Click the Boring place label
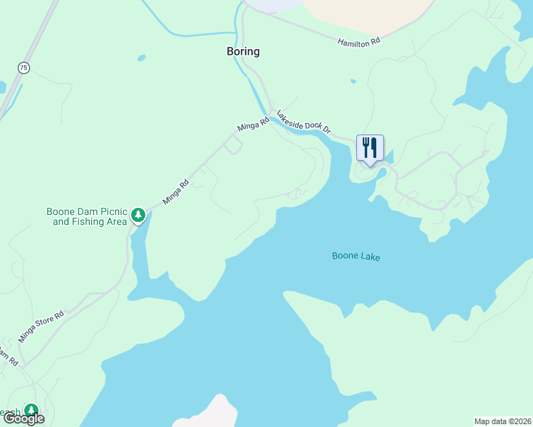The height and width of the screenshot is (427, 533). click(x=243, y=51)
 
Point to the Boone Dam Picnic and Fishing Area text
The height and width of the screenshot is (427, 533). click(x=86, y=216)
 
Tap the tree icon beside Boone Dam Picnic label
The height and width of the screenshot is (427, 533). click(x=138, y=215)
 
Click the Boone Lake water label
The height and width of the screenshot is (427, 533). click(x=356, y=256)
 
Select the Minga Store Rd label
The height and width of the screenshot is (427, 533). click(x=41, y=327)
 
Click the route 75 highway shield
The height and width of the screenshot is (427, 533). click(x=24, y=68)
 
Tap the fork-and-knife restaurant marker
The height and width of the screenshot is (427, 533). click(x=370, y=148)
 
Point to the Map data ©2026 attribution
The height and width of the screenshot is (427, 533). click(x=503, y=421)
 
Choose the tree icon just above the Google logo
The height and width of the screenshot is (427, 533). click(x=31, y=410)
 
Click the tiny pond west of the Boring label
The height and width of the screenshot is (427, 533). click(x=141, y=58)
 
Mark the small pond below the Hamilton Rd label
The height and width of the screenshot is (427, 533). click(x=353, y=81)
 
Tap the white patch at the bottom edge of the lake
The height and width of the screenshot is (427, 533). click(x=207, y=414)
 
